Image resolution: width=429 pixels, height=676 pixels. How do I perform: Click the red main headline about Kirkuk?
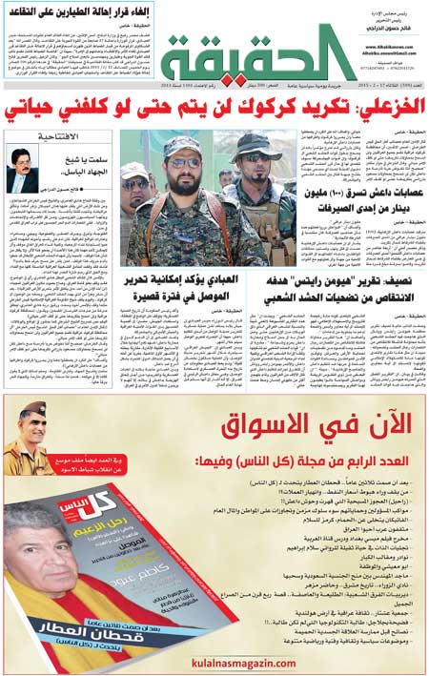[214, 106]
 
